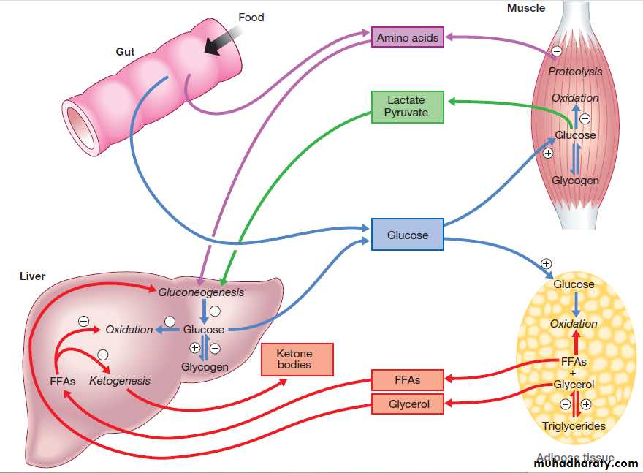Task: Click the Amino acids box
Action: click(408, 37)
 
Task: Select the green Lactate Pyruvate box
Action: click(406, 106)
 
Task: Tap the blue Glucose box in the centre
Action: click(407, 235)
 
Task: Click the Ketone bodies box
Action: click(297, 359)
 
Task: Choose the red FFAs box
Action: click(407, 380)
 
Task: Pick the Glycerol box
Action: click(408, 404)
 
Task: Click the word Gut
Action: click(125, 52)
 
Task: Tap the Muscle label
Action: click(526, 8)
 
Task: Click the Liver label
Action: click(32, 276)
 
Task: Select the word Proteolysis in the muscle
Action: click(575, 72)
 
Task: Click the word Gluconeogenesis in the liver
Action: click(201, 292)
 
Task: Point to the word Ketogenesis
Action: click(120, 381)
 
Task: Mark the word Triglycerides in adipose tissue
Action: click(574, 426)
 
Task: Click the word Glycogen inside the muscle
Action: click(575, 181)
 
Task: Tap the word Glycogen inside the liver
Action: click(205, 367)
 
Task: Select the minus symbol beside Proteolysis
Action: click(557, 51)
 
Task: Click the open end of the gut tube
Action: click(78, 120)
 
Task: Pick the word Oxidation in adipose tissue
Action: click(574, 324)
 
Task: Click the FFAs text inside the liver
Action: click(63, 382)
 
